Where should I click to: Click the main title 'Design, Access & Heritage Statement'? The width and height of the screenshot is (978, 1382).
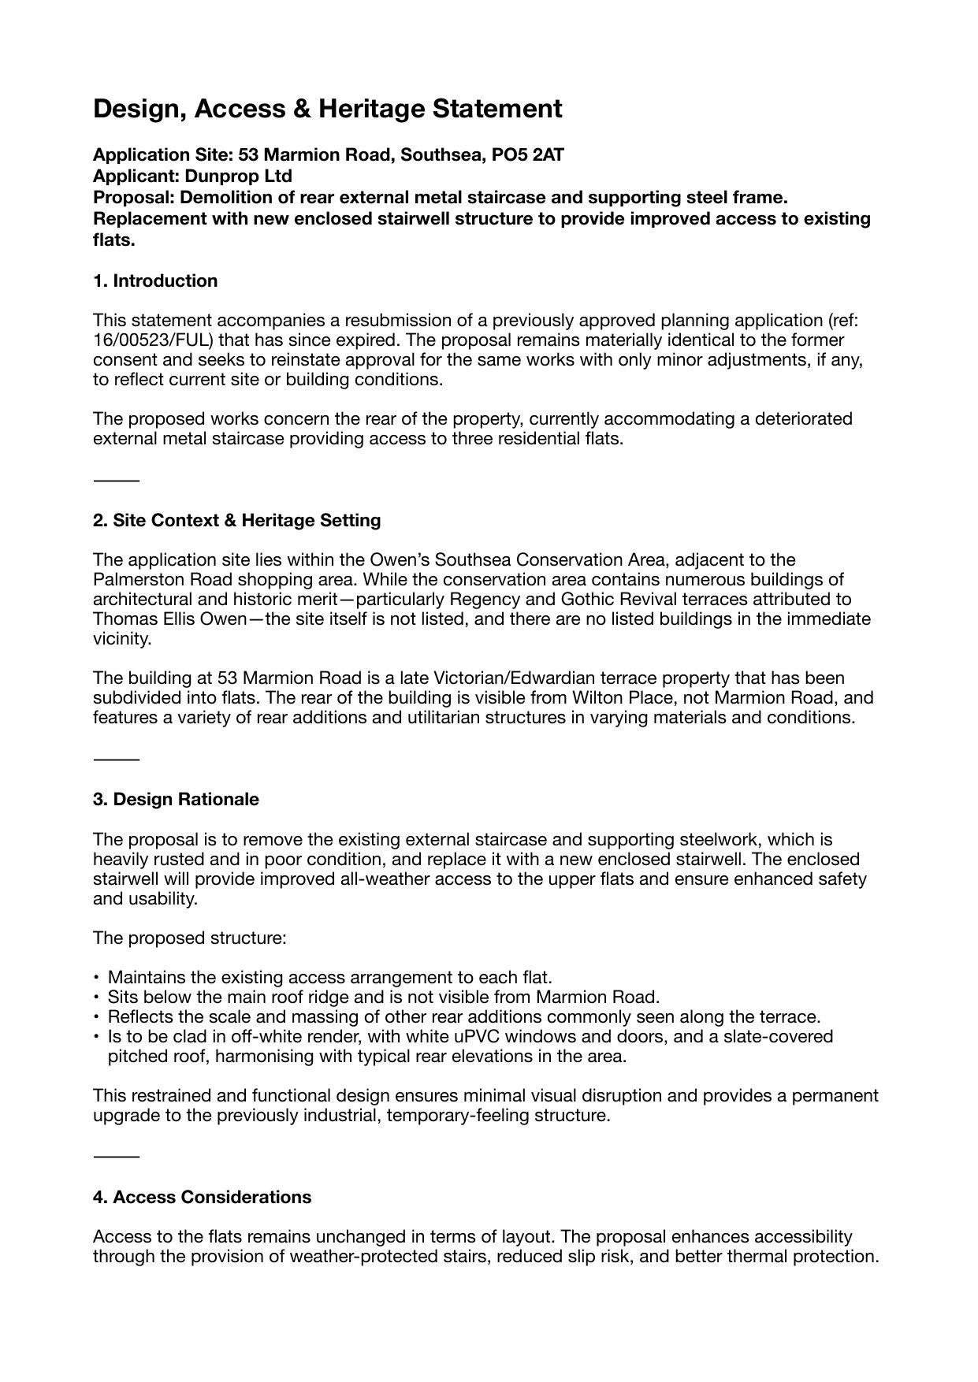coord(327,109)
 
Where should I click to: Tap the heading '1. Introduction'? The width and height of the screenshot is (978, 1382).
coord(155,281)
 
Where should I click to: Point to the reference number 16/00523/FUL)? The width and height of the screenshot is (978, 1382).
coord(148,340)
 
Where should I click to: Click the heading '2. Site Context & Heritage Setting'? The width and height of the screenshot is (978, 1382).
coord(236,521)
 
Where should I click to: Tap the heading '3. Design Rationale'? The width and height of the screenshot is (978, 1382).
coord(176,800)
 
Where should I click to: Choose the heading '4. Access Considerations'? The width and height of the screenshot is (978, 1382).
coord(202,1198)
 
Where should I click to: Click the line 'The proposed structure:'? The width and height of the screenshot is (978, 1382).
coord(189,938)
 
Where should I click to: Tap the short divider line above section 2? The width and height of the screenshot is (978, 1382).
coord(116,480)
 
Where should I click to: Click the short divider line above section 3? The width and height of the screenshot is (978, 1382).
coord(116,759)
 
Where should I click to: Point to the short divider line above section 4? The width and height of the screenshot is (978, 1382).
coord(116,1157)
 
